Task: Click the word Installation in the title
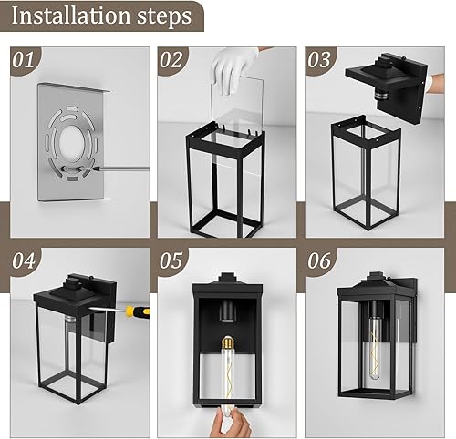(71, 17)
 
